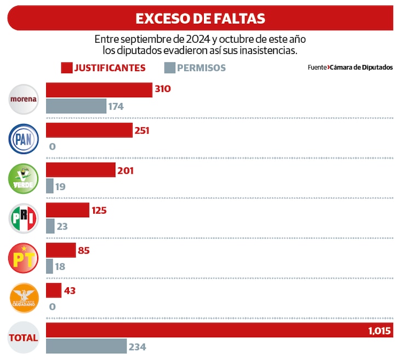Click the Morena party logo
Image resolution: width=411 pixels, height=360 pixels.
click(x=24, y=99)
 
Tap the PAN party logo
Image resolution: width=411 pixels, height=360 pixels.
click(x=24, y=139)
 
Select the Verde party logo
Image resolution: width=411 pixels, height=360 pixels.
click(x=24, y=179)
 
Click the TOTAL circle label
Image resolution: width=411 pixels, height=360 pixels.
click(x=24, y=338)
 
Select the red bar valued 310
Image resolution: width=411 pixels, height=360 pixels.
click(x=99, y=90)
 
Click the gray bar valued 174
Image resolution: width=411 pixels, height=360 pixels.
click(x=76, y=106)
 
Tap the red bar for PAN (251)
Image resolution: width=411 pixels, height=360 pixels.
click(x=89, y=130)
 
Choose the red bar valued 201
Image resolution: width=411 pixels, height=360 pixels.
click(x=81, y=170)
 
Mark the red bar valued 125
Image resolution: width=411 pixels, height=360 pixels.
click(x=67, y=210)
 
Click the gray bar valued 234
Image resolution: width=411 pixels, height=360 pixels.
click(x=86, y=346)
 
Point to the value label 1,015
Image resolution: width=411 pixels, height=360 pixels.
click(x=379, y=330)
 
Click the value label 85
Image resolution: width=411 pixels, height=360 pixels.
click(x=84, y=250)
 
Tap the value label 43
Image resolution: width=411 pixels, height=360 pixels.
click(x=70, y=290)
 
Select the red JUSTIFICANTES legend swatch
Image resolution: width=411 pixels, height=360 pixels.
click(x=66, y=68)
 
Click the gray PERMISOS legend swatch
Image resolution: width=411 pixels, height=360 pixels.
click(x=169, y=68)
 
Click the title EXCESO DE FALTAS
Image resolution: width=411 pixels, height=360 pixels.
click(x=200, y=18)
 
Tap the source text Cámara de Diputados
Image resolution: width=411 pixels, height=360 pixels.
click(x=361, y=67)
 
